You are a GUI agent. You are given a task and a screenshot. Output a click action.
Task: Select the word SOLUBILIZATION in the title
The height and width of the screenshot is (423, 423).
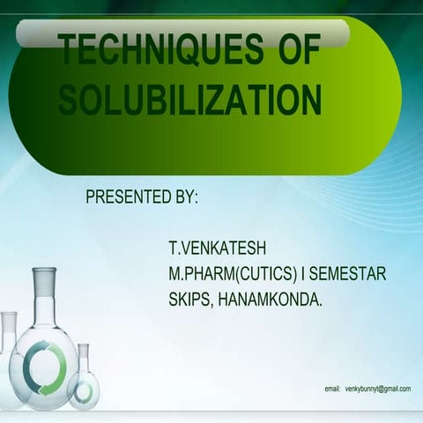189,100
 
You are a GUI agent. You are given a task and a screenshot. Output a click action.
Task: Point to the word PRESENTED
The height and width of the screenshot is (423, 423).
123,196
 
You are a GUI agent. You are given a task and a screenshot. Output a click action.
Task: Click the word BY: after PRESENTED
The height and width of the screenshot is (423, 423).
182,196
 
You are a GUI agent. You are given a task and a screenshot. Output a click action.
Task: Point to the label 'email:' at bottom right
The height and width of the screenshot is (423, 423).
332,388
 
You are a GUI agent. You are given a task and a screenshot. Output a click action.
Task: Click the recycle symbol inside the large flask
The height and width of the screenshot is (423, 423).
44,362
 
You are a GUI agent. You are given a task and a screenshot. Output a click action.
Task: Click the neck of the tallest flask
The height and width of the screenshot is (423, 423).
44,300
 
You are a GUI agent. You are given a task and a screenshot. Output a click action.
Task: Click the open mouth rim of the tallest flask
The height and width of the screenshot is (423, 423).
44,271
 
